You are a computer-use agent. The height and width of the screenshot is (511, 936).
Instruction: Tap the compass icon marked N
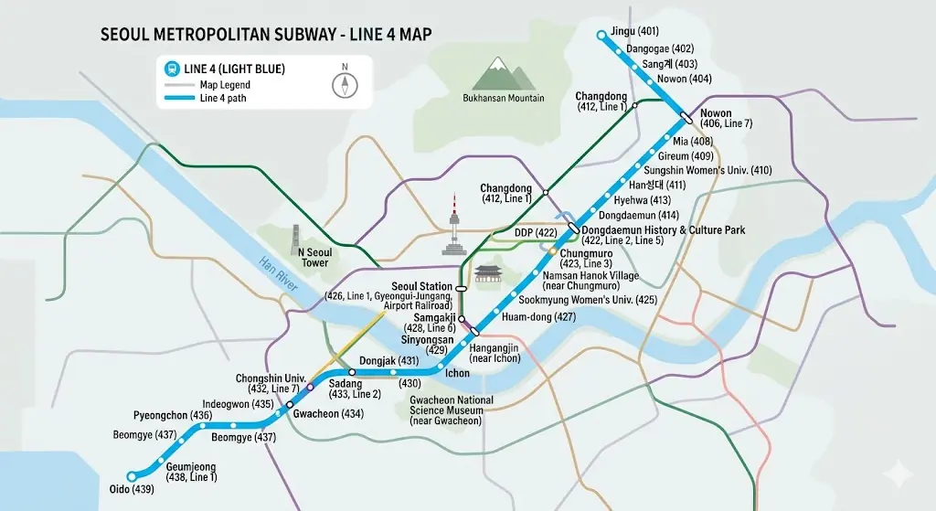[x=345, y=80]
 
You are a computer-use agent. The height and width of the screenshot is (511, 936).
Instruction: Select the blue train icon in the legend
[x=171, y=69]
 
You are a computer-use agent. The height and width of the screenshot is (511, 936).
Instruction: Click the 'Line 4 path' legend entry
[x=223, y=98]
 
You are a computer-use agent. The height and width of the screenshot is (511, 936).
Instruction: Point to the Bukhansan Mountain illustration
[x=500, y=73]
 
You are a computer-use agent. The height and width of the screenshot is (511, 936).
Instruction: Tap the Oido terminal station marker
[x=132, y=475]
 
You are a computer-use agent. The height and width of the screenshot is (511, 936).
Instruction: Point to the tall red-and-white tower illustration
[x=454, y=224]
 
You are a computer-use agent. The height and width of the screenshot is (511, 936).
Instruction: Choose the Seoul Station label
[x=422, y=286]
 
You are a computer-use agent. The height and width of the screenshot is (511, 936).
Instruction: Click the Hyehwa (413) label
[x=643, y=200]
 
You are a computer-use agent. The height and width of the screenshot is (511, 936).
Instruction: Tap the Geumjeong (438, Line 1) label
[x=191, y=472]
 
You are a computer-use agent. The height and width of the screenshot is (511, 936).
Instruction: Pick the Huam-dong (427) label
[x=539, y=316]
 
